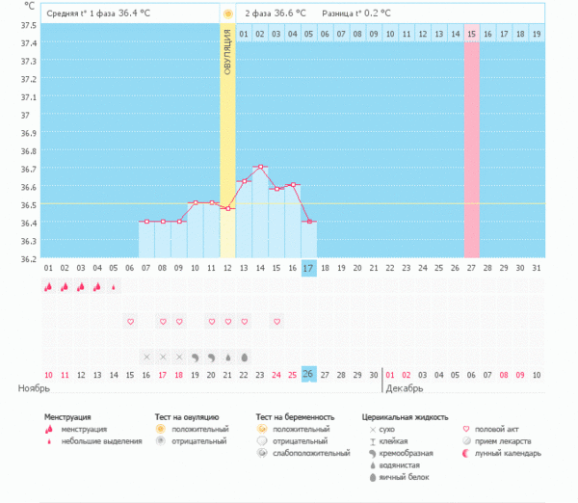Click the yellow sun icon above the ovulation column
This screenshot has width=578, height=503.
[x=227, y=14]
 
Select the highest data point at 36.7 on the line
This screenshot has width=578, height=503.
[x=260, y=168]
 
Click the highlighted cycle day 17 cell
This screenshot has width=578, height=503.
[x=308, y=267]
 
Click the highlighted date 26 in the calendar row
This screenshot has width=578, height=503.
[x=308, y=374]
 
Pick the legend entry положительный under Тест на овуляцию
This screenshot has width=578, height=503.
[x=199, y=429]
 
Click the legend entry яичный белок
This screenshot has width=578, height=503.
[x=403, y=476]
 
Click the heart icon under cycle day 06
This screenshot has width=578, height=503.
[x=130, y=321]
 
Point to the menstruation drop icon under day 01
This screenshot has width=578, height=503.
[x=48, y=286]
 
